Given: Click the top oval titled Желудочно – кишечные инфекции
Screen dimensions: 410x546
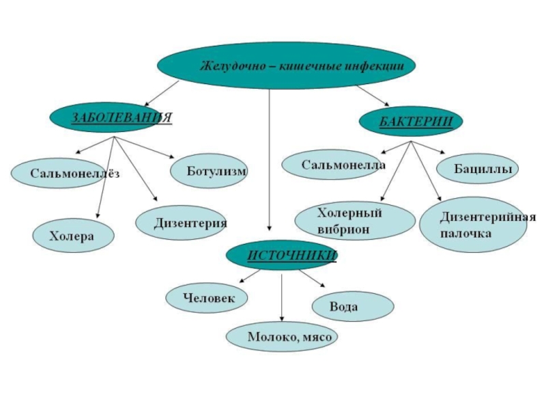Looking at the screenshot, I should point(286,66).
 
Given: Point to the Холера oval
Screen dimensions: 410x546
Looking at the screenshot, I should point(73,236).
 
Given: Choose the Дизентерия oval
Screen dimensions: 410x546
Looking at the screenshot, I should point(180,223).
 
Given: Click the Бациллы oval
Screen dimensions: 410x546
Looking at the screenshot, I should point(476,168).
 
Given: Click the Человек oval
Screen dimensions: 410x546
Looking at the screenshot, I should point(207,297).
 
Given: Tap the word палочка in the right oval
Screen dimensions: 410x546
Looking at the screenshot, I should point(465,234).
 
